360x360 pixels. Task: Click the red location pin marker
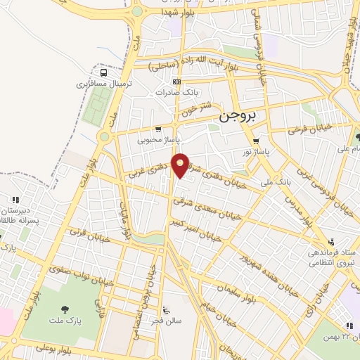pos(181,165)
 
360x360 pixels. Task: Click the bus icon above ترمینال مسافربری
pos(104,72)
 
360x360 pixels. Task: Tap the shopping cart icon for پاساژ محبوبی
pos(157,129)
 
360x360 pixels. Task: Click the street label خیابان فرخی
pos(307,131)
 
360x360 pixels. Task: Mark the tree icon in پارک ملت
pos(65,309)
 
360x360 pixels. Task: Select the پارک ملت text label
pos(65,321)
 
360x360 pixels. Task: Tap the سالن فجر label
pos(169,321)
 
